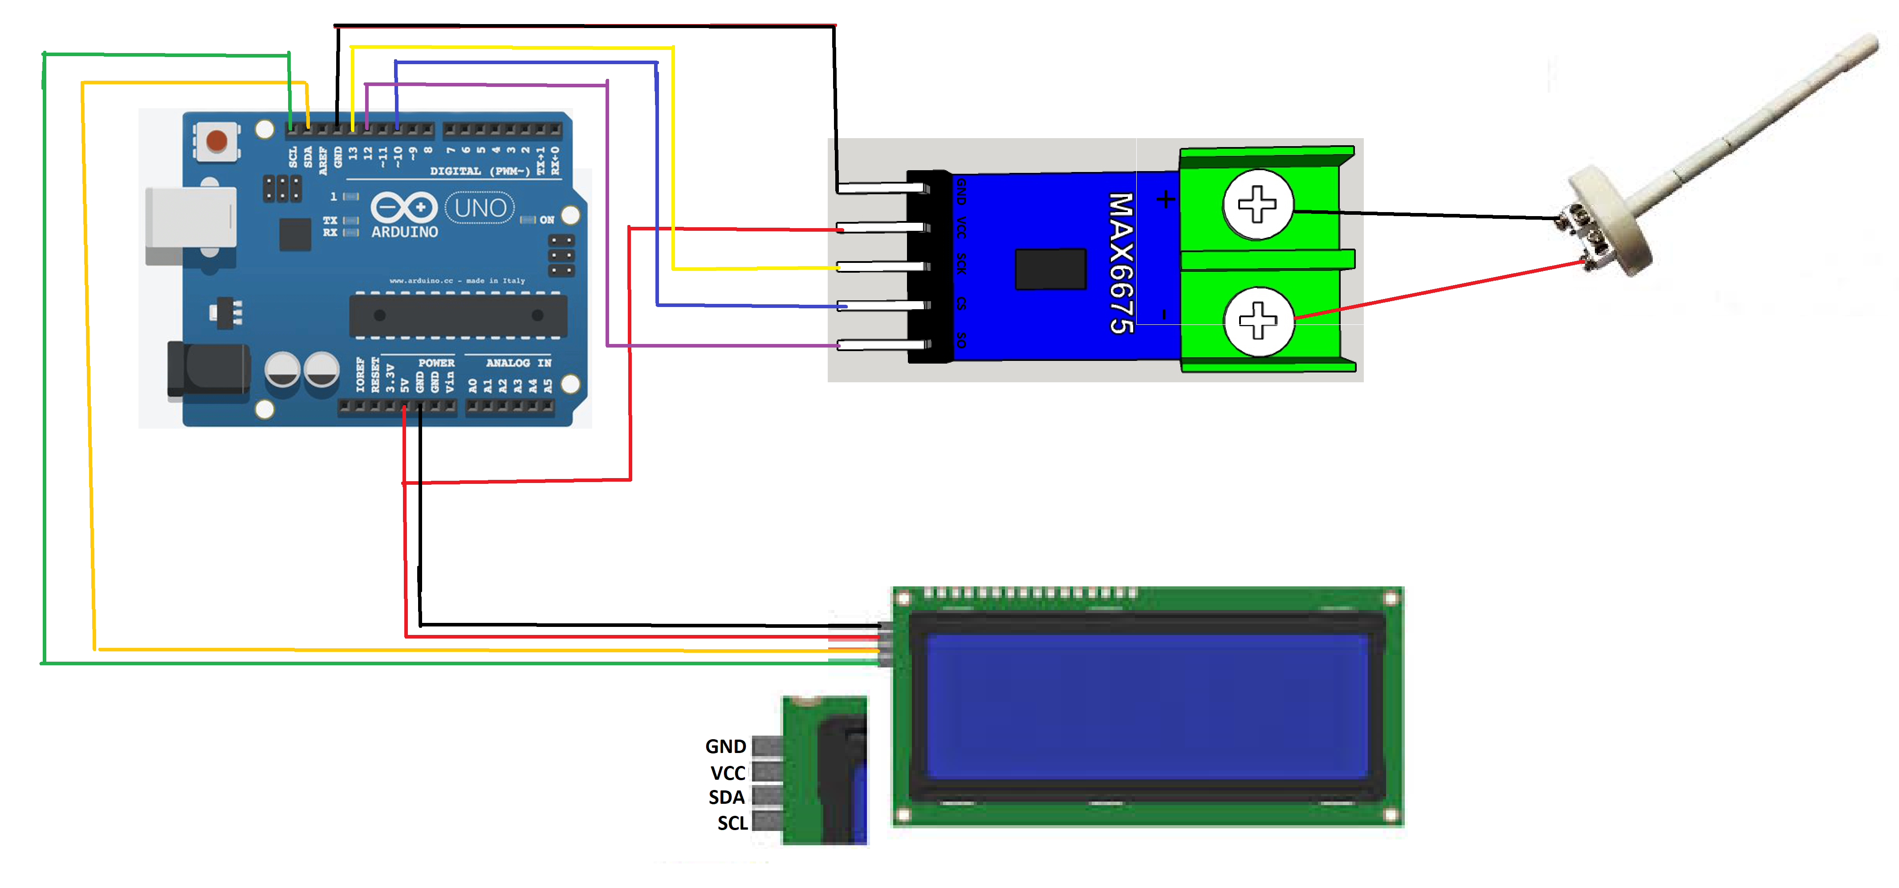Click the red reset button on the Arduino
[216, 140]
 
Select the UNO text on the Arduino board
[480, 208]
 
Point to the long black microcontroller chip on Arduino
[458, 315]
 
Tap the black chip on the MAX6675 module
[1050, 269]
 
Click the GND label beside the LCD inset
[725, 746]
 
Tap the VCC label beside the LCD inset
[728, 773]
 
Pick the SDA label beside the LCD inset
[726, 797]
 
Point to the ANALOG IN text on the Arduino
[518, 363]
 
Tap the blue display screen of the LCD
[1147, 707]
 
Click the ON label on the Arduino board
[546, 220]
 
